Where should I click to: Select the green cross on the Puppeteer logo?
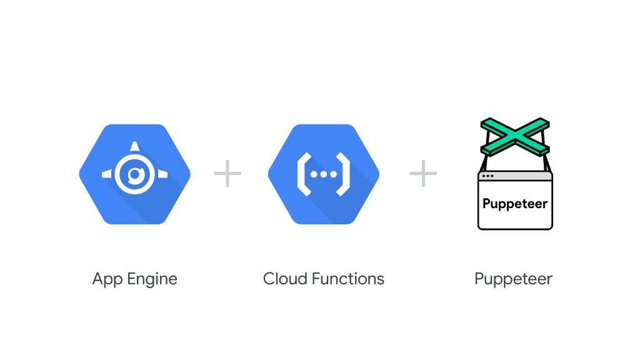click(x=515, y=137)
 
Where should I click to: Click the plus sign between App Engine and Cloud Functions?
click(x=227, y=173)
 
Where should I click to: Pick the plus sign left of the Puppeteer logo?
click(x=423, y=173)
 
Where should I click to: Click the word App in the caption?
click(x=106, y=279)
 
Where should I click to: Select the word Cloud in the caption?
click(x=282, y=278)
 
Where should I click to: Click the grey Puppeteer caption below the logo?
click(x=513, y=279)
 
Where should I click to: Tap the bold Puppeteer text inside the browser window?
click(x=515, y=204)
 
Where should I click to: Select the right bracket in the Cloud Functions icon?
click(x=346, y=174)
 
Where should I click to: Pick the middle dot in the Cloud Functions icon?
click(x=323, y=174)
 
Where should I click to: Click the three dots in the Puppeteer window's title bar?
click(x=487, y=176)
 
